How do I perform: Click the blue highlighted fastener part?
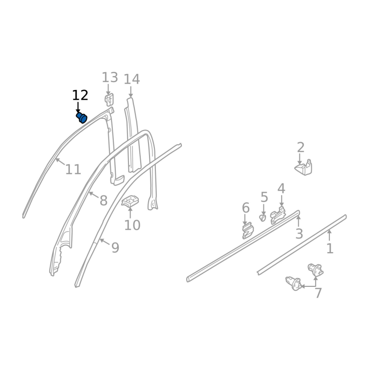coord(82,117)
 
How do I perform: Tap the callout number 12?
coord(80,95)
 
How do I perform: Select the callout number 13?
coord(109,78)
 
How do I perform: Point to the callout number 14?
coord(131,79)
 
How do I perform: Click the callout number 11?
coord(73,170)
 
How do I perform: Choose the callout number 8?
coord(104,200)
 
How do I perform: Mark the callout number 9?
coord(115,248)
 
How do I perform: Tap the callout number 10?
coord(132,225)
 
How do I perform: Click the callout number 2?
coord(301,148)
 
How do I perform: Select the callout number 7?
coord(319,293)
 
